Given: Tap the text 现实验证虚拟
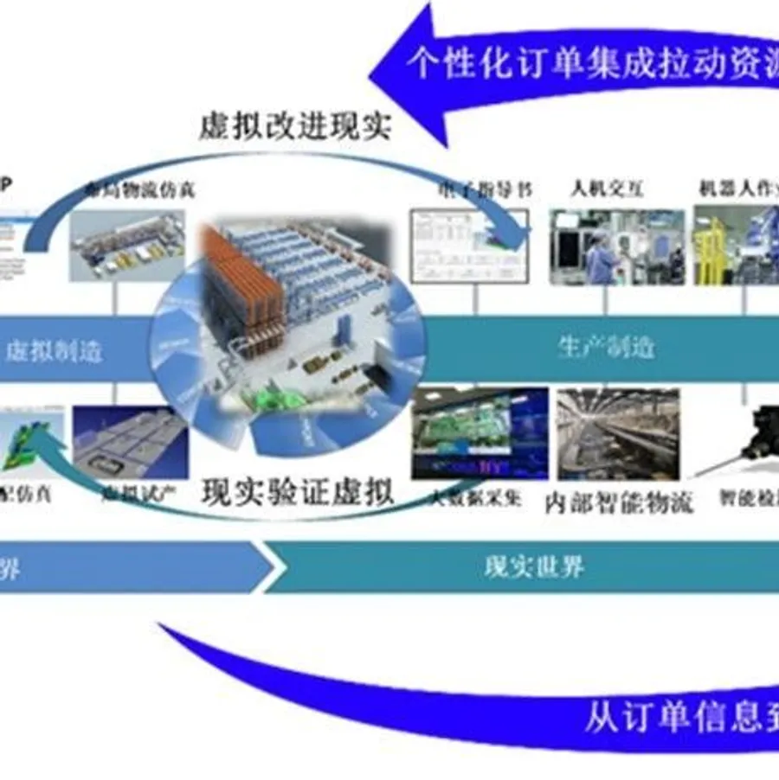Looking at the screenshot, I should coord(299,492).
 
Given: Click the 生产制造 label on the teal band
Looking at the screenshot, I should coord(605,348).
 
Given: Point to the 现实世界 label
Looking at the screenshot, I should coord(533,567).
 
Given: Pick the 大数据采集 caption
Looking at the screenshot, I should coord(467,499).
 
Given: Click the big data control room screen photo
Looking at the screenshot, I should coord(480,432).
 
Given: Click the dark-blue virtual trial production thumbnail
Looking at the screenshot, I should coord(130,441).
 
